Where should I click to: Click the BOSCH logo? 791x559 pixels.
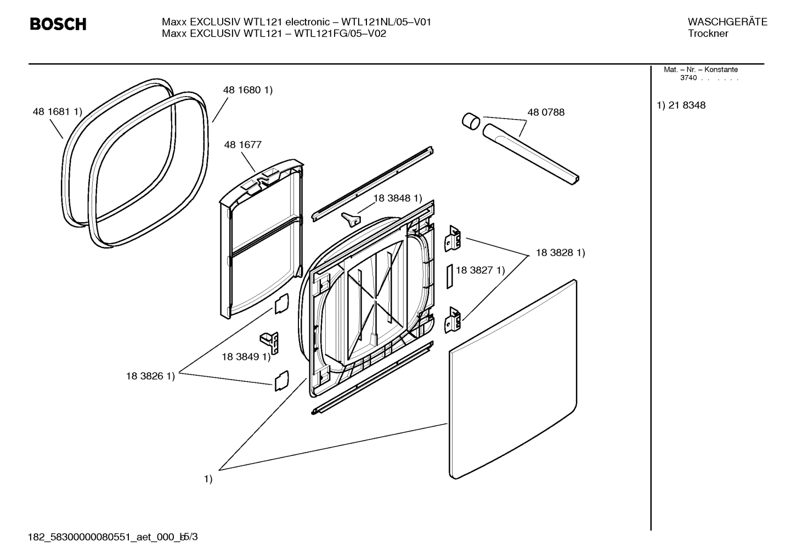(x=58, y=25)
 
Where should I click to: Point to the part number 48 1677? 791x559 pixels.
(x=242, y=145)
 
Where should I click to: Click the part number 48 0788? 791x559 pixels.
(x=545, y=112)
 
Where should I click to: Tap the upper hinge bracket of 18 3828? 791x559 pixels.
(x=453, y=239)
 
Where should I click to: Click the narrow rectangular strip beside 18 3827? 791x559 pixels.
(x=449, y=275)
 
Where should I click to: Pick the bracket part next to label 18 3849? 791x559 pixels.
(x=270, y=343)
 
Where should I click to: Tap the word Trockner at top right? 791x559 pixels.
(x=708, y=34)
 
